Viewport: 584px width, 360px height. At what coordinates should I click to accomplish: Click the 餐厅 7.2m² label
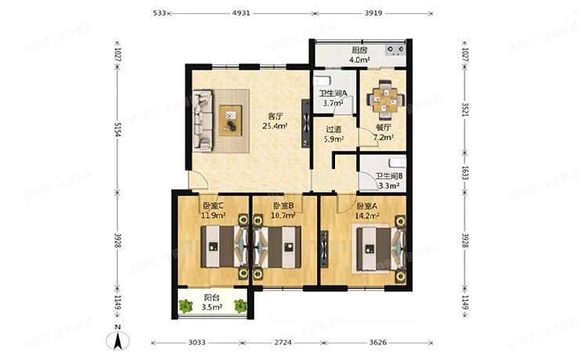pyautogui.click(x=383, y=131)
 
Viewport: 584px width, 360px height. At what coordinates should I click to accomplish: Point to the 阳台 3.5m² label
pyautogui.click(x=211, y=302)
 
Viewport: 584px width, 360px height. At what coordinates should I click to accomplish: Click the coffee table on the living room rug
pyautogui.click(x=232, y=121)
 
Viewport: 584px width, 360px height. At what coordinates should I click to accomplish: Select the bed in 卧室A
pyautogui.click(x=373, y=248)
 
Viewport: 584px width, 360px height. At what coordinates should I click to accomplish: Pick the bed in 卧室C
pyautogui.click(x=218, y=247)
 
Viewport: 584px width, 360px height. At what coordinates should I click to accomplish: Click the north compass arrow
pyautogui.click(x=117, y=340)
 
